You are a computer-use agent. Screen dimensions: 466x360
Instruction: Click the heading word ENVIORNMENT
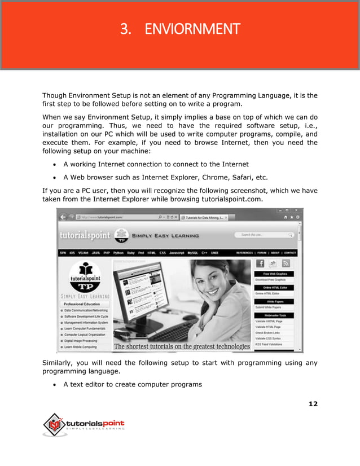tap(192, 29)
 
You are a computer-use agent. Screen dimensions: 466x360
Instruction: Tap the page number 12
tap(313, 404)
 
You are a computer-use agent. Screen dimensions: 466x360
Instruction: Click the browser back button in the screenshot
tap(63, 217)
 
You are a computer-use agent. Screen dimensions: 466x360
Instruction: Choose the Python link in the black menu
tap(118, 253)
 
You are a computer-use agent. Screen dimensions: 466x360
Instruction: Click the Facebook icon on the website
tap(261, 263)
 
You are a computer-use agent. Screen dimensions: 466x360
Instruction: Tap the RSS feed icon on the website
tap(286, 263)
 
